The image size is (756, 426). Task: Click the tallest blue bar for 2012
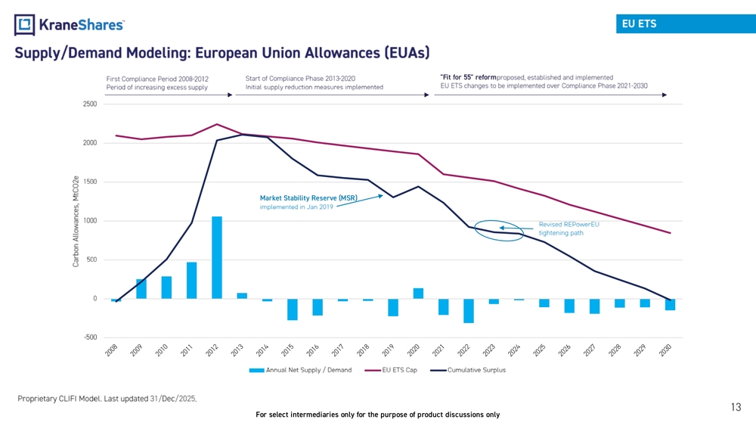[x=217, y=257]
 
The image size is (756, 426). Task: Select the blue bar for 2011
[x=191, y=280]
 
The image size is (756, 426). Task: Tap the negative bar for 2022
[x=469, y=311]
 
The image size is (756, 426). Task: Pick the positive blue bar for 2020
[x=419, y=294]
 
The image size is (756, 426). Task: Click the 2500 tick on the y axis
[x=90, y=104]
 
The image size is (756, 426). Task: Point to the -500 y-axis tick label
[x=90, y=337]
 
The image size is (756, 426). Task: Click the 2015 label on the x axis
[x=287, y=350]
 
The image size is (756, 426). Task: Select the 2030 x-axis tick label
[x=665, y=350]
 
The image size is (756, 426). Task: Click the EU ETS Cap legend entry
[x=391, y=370]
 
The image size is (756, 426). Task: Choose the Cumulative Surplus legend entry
[x=468, y=370]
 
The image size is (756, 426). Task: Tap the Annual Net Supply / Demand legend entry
[x=300, y=370]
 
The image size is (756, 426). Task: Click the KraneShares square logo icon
[x=25, y=25]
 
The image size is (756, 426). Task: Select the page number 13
[x=736, y=407]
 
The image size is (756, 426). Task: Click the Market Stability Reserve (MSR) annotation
[x=308, y=197]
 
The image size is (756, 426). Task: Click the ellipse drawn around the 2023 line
[x=475, y=231]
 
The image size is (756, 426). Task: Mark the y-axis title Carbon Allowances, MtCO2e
[x=76, y=222]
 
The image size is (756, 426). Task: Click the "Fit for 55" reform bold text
[x=468, y=77]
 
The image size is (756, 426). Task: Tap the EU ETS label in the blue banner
[x=639, y=23]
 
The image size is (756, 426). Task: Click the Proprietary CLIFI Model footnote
[x=107, y=399]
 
